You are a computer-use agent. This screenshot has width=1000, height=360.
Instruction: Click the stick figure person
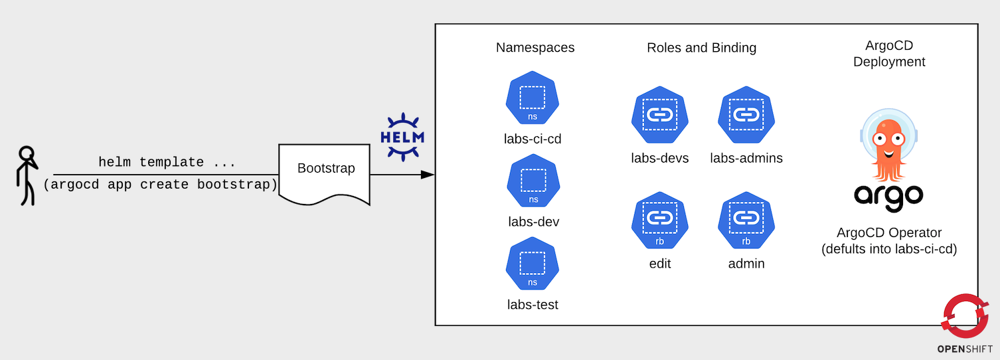[x=27, y=175]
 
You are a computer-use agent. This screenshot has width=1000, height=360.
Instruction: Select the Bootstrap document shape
[x=324, y=173]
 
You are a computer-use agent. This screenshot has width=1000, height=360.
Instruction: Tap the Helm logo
[x=402, y=137]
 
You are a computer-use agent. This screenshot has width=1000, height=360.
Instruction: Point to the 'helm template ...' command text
[x=167, y=162]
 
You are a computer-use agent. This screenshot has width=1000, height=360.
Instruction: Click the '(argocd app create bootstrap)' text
[x=160, y=185]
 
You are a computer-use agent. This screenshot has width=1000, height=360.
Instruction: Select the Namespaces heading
[x=535, y=48]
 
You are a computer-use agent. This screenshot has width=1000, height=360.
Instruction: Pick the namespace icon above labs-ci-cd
[x=533, y=99]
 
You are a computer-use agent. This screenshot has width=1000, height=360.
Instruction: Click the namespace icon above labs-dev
[x=533, y=182]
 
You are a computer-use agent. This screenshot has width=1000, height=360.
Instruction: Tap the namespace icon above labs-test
[x=533, y=264]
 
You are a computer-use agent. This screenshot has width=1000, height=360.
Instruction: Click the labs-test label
[x=533, y=305]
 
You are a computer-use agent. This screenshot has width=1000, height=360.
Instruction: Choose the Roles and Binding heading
[x=701, y=48]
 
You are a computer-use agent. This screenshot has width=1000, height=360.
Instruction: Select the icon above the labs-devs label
[x=659, y=116]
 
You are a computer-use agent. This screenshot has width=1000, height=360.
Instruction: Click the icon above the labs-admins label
[x=746, y=116]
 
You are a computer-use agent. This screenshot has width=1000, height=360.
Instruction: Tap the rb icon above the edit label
[x=659, y=220]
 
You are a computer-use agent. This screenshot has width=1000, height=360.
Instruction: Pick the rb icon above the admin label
[x=746, y=220]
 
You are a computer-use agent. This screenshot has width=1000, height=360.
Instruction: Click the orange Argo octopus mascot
[x=888, y=147]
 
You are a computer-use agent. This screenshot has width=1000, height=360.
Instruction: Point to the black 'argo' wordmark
[x=888, y=197]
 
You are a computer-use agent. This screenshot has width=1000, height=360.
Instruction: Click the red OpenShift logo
[x=964, y=317]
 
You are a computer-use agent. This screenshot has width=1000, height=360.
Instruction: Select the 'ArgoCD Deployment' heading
[x=889, y=54]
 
